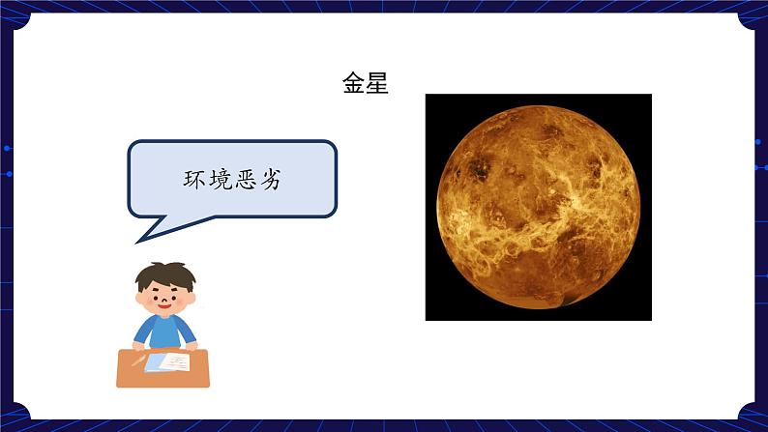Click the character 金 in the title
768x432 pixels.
tap(354, 84)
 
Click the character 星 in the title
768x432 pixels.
tap(377, 84)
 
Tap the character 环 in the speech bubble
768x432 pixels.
tap(195, 179)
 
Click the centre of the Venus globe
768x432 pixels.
tap(538, 207)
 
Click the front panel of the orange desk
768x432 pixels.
tap(162, 378)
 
